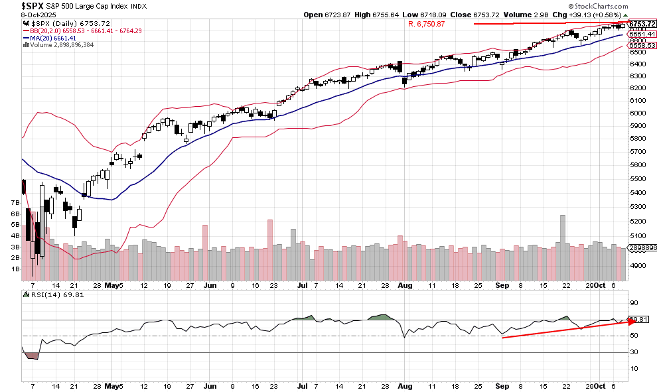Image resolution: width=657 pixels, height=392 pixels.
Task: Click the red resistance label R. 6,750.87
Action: point(426,24)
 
